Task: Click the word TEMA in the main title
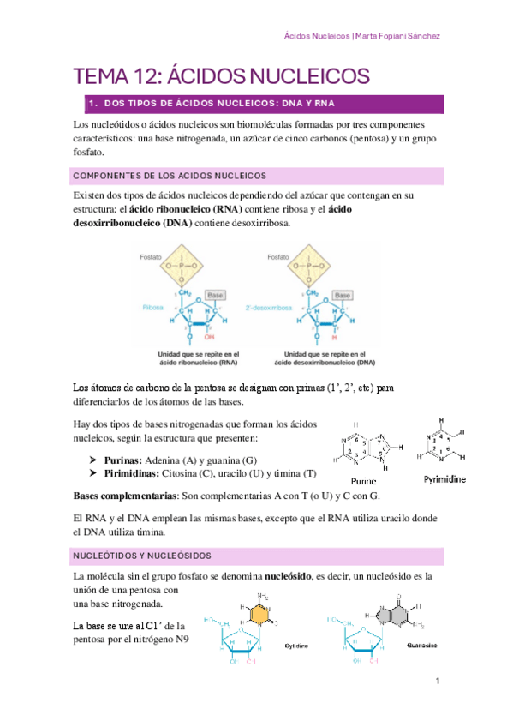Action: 99,76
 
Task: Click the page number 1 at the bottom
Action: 437,682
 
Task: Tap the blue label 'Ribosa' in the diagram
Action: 154,306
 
